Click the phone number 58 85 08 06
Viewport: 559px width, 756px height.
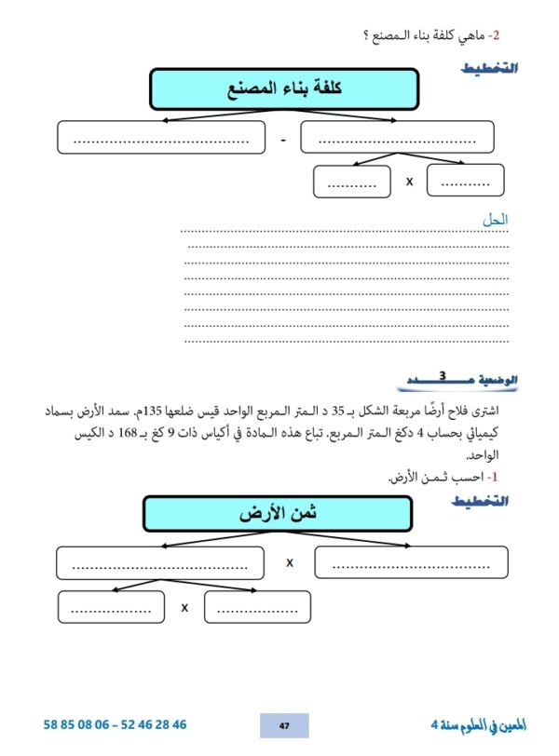coord(77,724)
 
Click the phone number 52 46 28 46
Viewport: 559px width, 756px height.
coord(154,724)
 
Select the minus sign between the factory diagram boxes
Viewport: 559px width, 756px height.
coord(283,141)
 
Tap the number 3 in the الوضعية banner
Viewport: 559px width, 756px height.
coord(443,376)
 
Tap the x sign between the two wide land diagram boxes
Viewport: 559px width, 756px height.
coord(290,562)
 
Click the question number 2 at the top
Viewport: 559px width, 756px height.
coord(496,35)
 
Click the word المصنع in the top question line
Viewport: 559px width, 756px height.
coord(395,35)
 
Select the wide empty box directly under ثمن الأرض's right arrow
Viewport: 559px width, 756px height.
coord(411,562)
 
